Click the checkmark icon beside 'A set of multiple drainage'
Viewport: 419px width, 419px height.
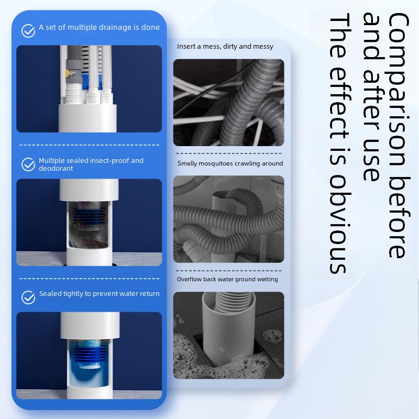[x=28, y=30]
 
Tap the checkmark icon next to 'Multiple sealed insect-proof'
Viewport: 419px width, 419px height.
[x=28, y=164]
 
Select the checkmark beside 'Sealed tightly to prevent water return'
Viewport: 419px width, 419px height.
[x=28, y=297]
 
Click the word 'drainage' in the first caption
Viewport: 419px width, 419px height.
[x=113, y=27]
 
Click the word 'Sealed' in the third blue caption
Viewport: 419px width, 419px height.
[x=50, y=294]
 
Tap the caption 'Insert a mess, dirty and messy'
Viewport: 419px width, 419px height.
[x=225, y=47]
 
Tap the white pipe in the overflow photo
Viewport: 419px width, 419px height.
[x=225, y=335]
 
